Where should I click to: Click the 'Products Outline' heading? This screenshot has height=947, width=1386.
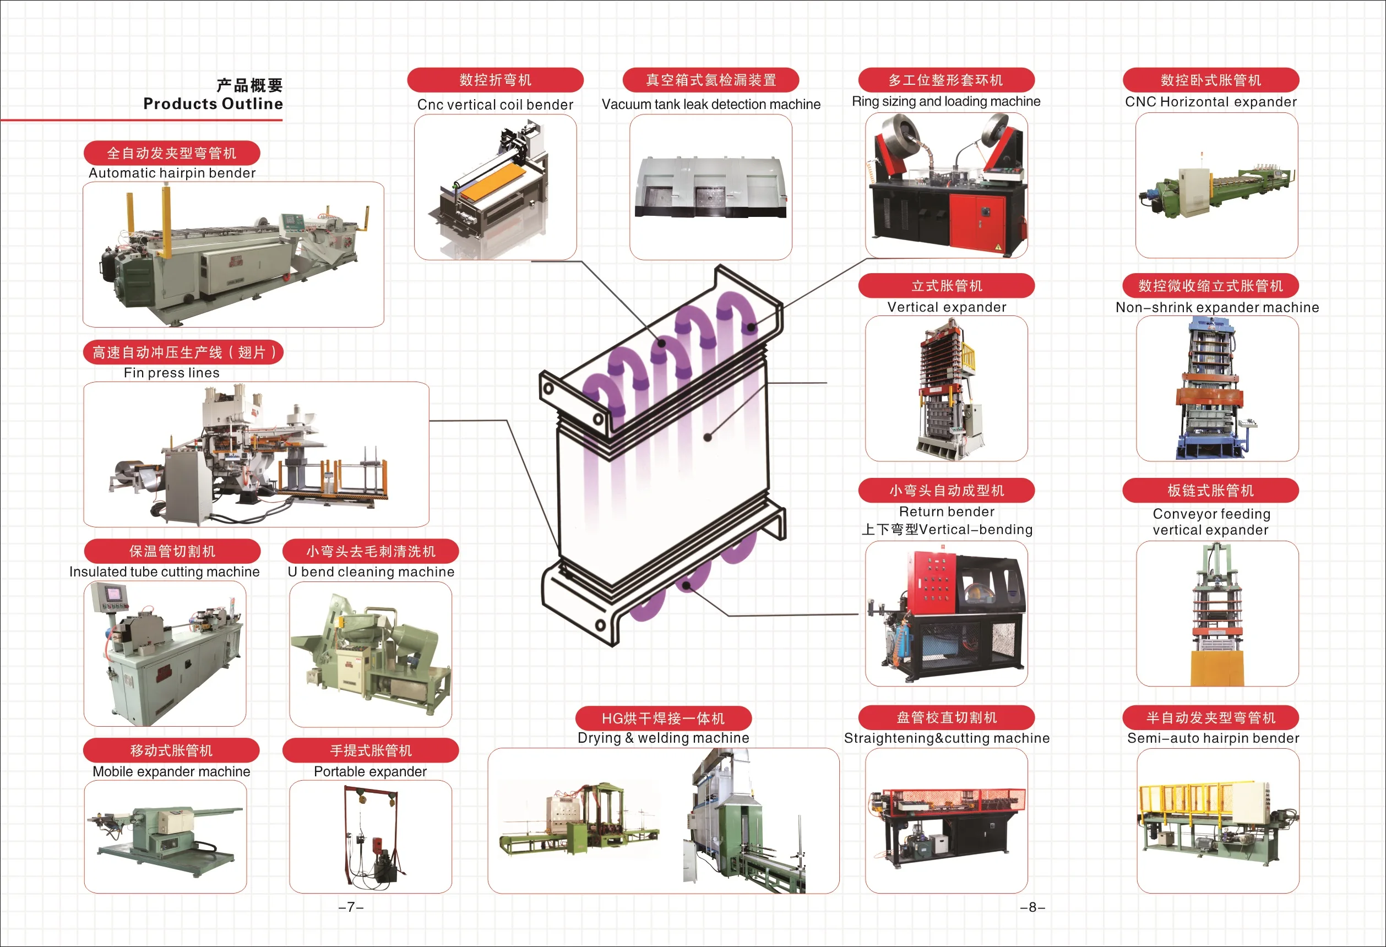click(213, 104)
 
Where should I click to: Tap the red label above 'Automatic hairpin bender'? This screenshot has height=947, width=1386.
click(172, 153)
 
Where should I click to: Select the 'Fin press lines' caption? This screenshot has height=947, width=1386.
click(172, 373)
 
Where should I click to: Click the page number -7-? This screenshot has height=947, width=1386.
click(351, 907)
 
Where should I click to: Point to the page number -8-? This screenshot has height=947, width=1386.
click(1032, 907)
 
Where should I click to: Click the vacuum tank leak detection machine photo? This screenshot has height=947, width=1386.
click(711, 187)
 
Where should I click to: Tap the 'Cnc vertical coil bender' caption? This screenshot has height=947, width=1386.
click(495, 105)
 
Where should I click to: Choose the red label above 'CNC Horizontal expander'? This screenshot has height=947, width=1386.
click(1211, 80)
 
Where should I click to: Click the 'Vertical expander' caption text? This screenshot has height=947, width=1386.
click(947, 307)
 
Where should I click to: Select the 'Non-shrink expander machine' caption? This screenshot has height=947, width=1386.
click(1217, 307)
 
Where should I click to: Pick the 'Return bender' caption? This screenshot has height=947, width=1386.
click(947, 511)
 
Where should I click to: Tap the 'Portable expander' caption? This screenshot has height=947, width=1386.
click(371, 772)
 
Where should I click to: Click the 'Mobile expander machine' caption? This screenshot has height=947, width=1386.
click(172, 772)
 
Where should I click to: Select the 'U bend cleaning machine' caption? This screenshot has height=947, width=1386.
click(371, 572)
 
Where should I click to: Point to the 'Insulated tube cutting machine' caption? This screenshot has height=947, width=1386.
click(165, 572)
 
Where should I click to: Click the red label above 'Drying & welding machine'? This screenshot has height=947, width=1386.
click(663, 719)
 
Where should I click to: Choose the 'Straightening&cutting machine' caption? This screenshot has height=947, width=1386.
click(947, 738)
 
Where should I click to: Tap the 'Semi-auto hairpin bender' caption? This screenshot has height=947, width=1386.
click(1213, 738)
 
